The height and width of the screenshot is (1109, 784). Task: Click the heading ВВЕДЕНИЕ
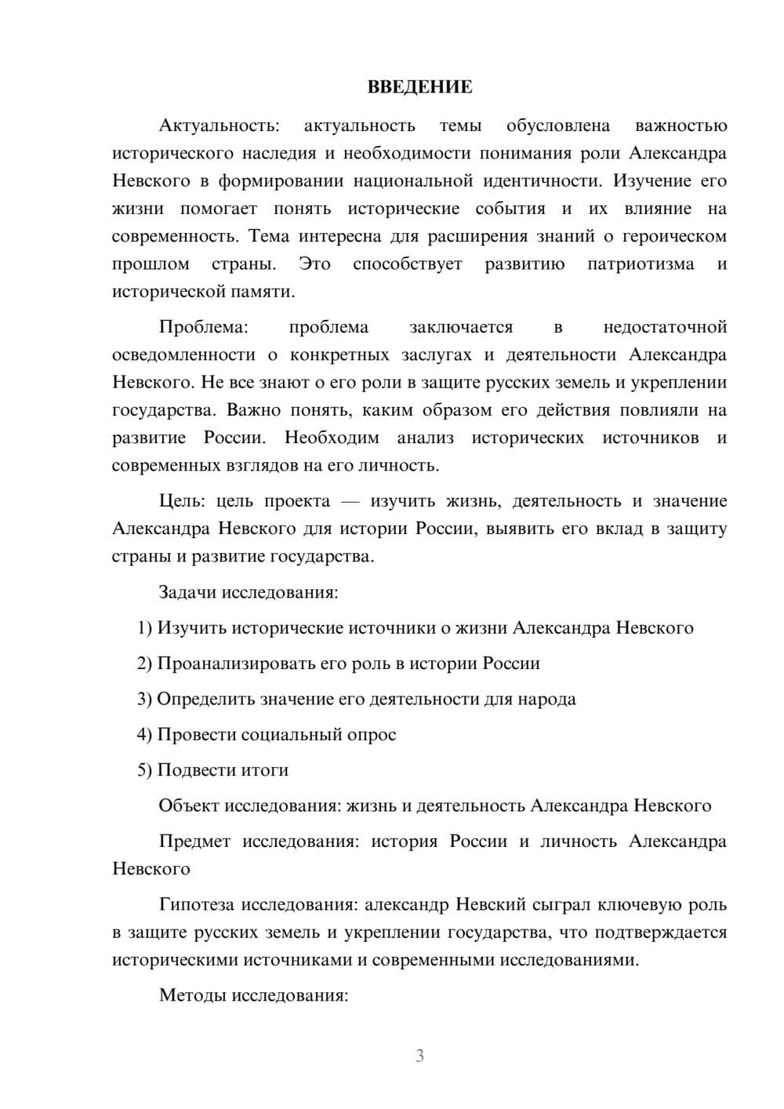419,87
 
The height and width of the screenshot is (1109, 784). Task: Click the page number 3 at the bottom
419,1056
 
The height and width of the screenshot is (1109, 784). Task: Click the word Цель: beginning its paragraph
183,501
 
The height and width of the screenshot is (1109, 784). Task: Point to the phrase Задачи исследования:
248,592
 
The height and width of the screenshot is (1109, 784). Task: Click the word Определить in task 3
201,699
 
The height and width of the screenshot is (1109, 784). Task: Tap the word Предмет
194,842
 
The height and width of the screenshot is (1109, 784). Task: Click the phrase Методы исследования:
253,996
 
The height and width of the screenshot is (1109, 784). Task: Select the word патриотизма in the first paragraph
641,264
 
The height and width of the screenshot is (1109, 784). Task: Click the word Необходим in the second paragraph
332,438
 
